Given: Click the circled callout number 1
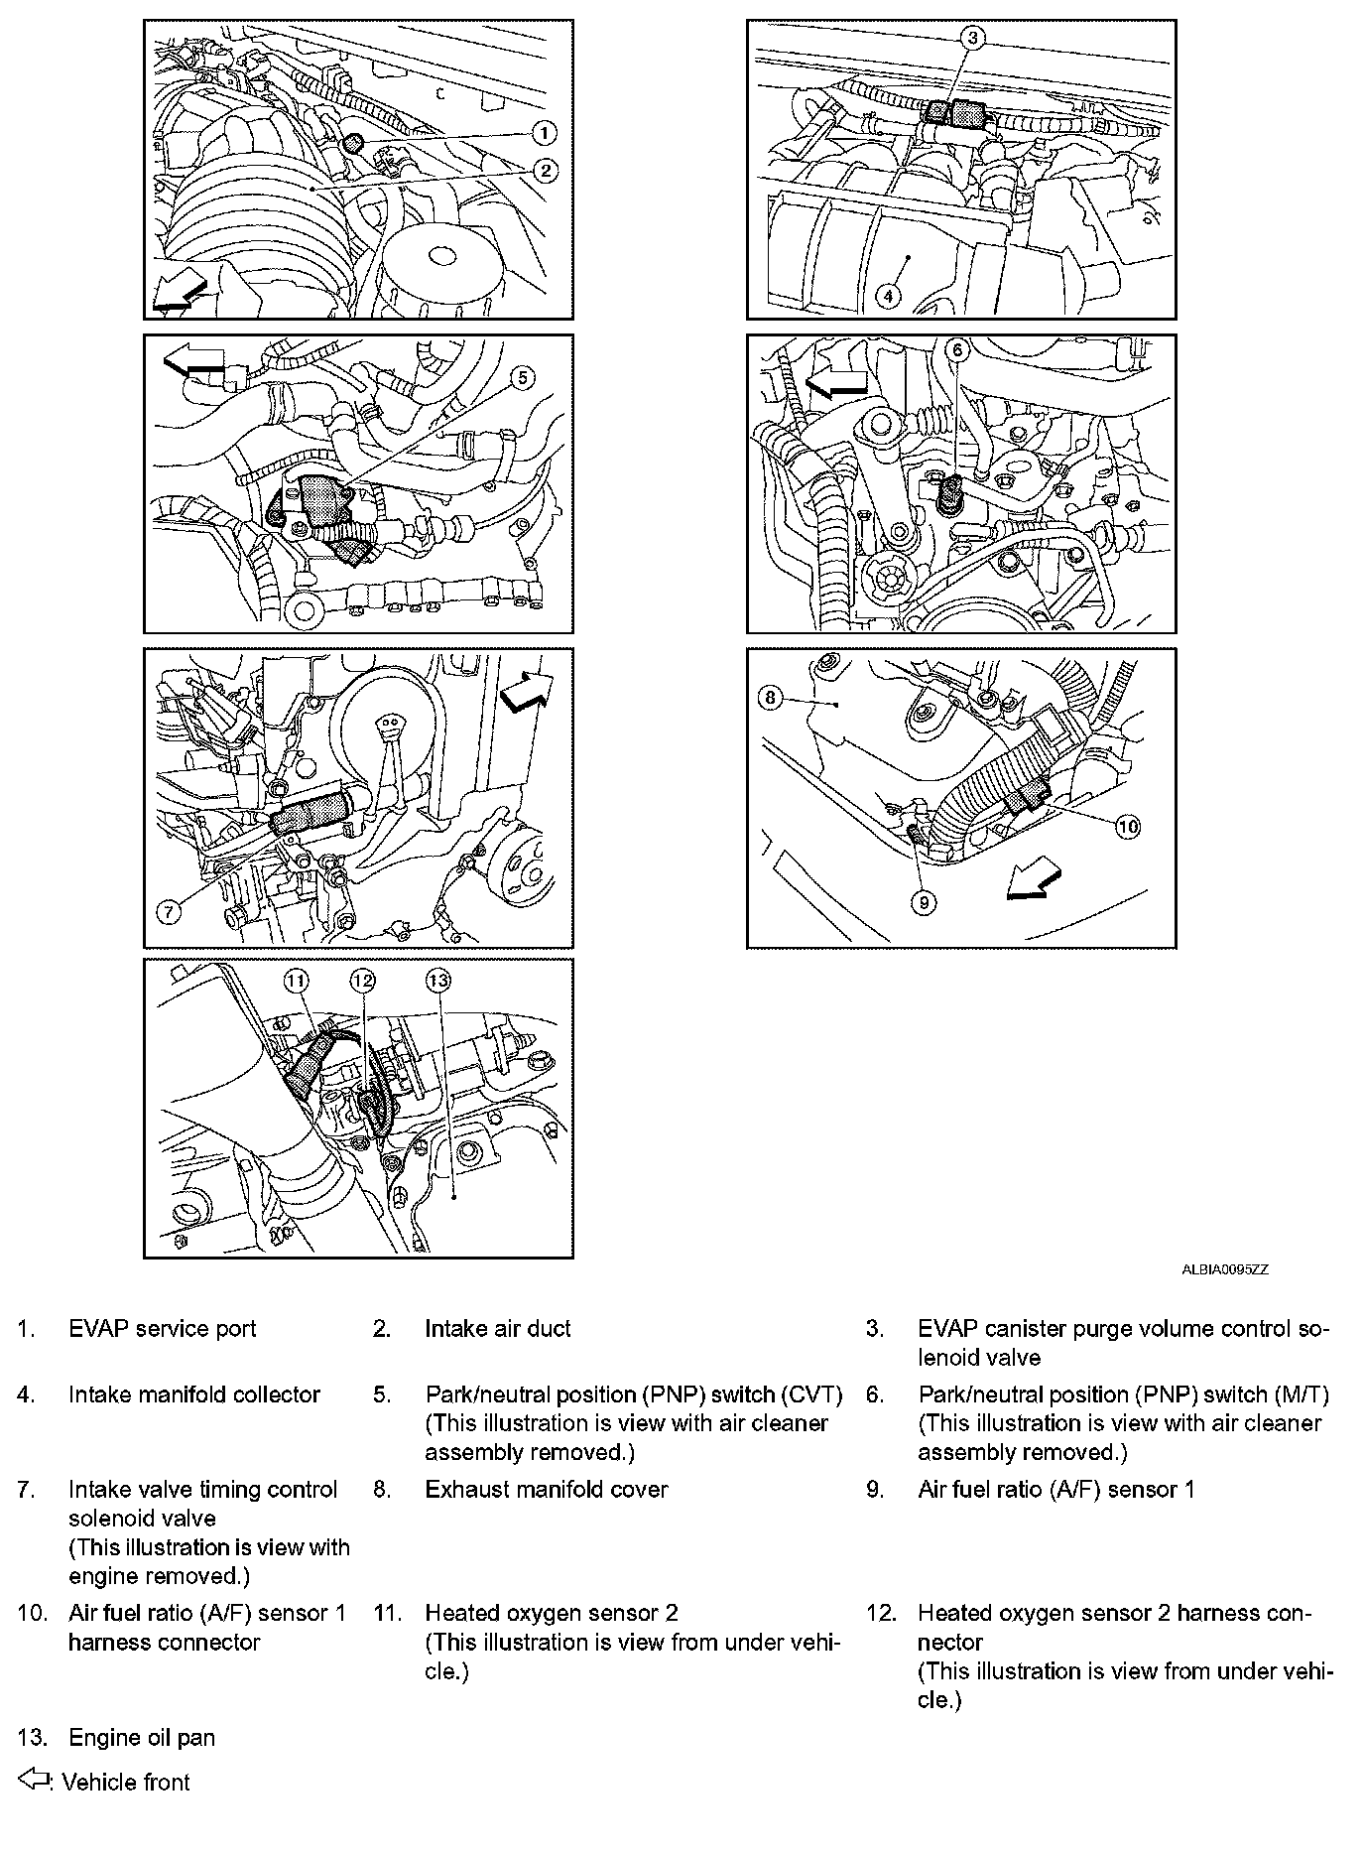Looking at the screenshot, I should (x=543, y=133).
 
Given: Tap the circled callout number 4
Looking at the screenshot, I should (x=888, y=296).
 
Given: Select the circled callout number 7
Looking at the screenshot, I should (x=169, y=911).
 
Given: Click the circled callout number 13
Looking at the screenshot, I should (x=437, y=981).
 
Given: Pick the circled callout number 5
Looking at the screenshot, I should (x=523, y=377).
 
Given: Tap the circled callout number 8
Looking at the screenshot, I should (x=771, y=698).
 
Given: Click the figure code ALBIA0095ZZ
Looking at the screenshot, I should (x=1224, y=1269).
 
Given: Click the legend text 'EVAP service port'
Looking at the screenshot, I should (x=162, y=1329).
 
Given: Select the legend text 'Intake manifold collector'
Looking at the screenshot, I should (x=193, y=1394).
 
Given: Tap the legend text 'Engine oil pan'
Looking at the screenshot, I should (x=141, y=1738).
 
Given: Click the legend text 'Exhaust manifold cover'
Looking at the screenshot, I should (x=546, y=1490).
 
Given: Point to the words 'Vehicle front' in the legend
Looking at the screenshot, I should (x=125, y=1783).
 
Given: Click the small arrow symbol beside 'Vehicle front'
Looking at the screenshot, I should (x=35, y=1781).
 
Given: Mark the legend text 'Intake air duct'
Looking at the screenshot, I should (x=497, y=1329).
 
